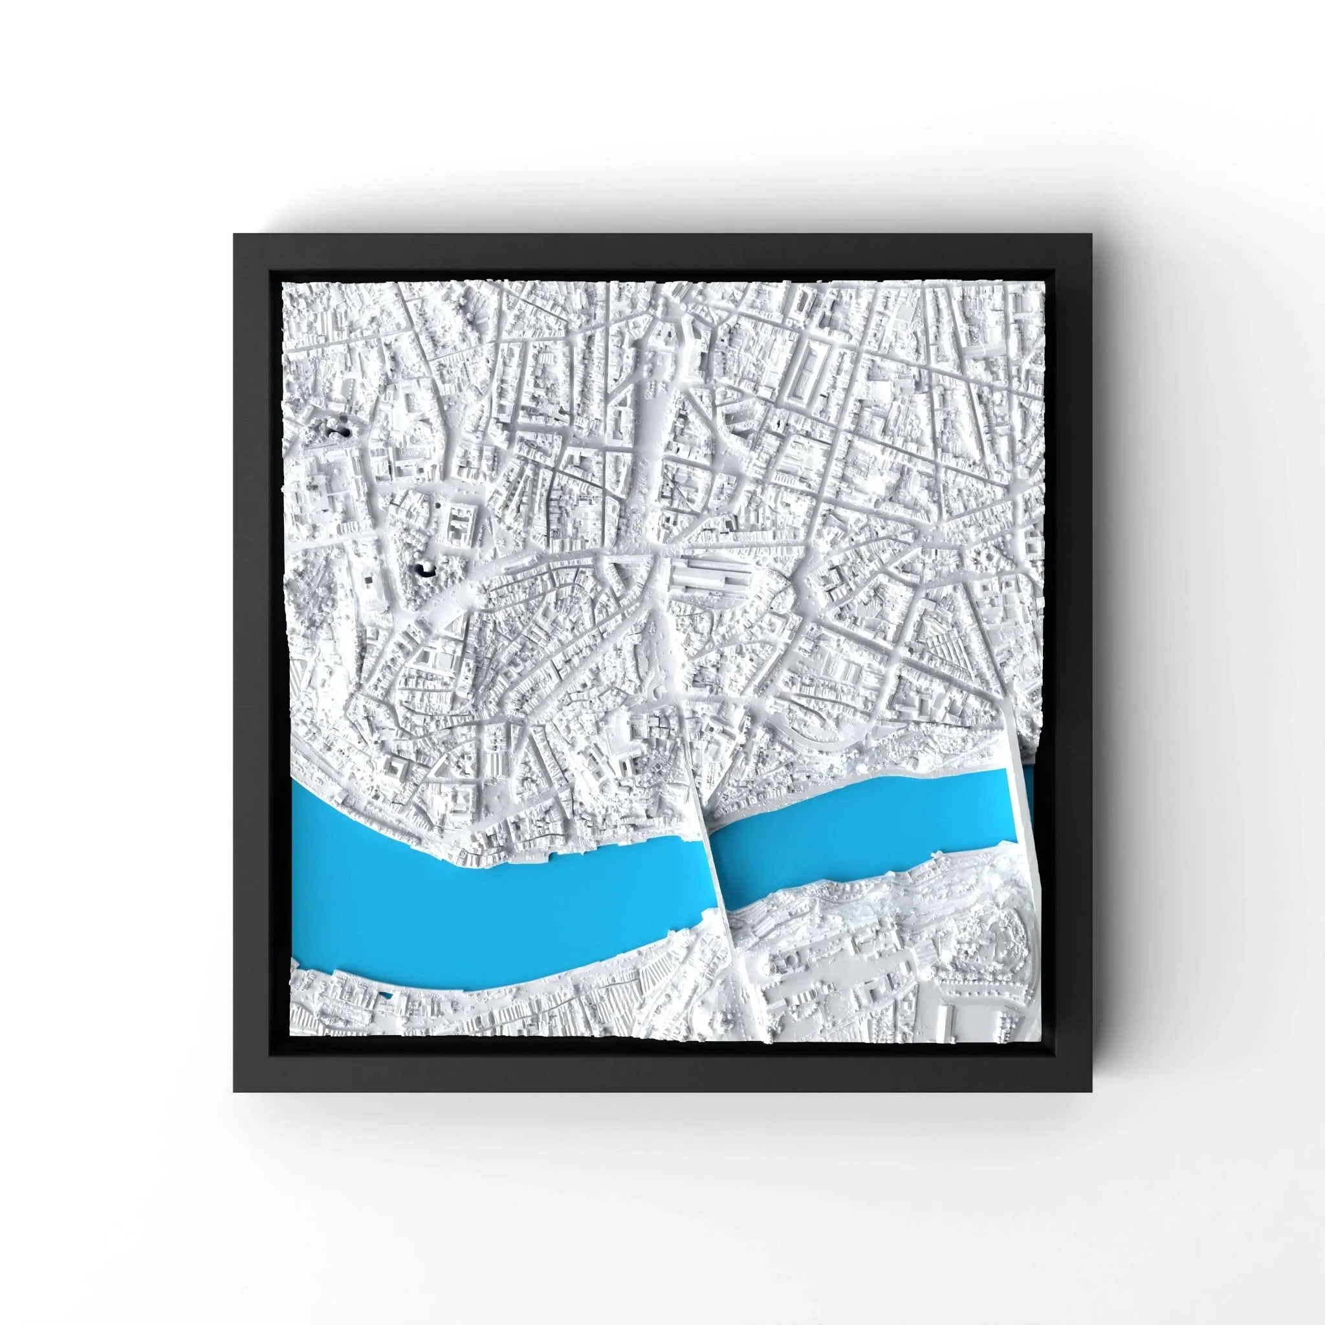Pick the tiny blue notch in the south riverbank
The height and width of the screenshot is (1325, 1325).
[x=386, y=1013]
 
